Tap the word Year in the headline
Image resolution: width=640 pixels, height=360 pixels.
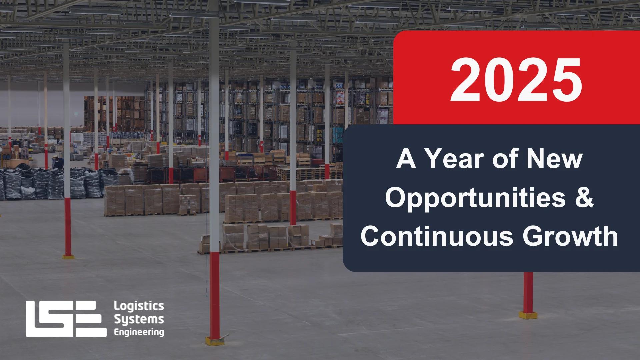coord(455,159)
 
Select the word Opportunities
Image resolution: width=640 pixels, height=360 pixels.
coord(475,198)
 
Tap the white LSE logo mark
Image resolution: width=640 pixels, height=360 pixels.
coord(66,319)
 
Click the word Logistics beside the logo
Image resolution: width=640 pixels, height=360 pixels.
coord(139,306)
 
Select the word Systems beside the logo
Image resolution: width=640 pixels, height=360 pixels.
coord(139,319)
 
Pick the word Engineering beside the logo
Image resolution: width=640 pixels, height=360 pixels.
coord(139,332)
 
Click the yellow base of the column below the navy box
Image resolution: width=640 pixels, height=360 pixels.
coord(528,315)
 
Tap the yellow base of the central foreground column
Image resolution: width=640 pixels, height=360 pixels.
coord(215,341)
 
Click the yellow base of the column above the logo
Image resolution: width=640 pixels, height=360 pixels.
coord(68,257)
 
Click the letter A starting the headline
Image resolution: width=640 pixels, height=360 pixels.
coord(406,159)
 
